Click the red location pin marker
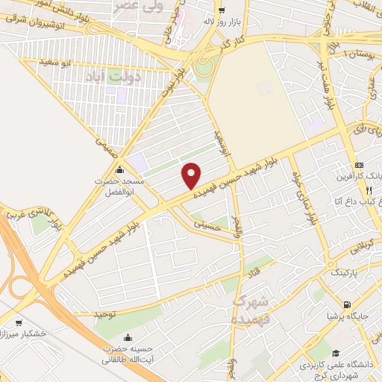(191, 175)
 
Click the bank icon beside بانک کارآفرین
(360, 164)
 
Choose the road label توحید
(107, 314)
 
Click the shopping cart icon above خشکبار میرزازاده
(19, 322)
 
